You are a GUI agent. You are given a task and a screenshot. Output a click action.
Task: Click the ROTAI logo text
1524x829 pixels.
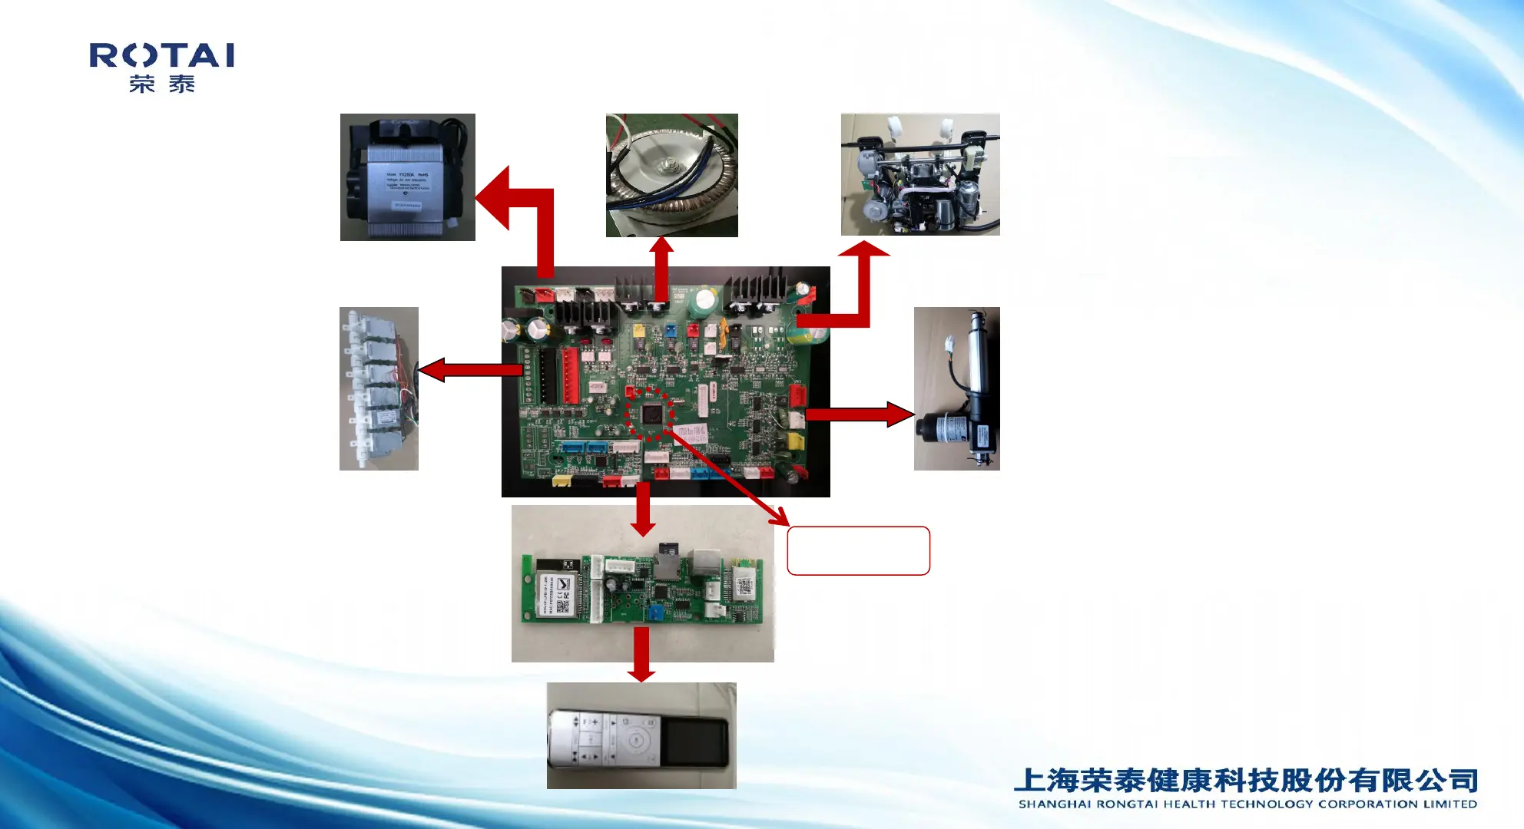tap(161, 55)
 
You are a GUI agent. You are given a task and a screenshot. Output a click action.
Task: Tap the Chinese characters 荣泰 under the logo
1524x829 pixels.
tap(161, 84)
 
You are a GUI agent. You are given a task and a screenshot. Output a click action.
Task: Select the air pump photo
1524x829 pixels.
tap(407, 177)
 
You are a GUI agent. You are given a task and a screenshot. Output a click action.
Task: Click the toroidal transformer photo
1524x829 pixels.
tap(671, 175)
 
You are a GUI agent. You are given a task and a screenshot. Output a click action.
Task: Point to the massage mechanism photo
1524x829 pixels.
tap(919, 174)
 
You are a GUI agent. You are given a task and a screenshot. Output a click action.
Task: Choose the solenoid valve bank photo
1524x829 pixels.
tap(379, 388)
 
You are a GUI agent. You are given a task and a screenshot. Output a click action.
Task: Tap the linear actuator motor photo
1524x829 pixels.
tap(956, 388)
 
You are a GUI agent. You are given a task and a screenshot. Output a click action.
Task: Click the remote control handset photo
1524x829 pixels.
tap(641, 735)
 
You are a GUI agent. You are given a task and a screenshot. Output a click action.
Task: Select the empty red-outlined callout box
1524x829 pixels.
tap(858, 550)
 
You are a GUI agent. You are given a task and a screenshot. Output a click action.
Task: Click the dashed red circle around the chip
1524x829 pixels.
tap(650, 414)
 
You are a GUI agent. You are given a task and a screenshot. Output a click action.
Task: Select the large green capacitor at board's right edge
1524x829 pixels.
tap(815, 335)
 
